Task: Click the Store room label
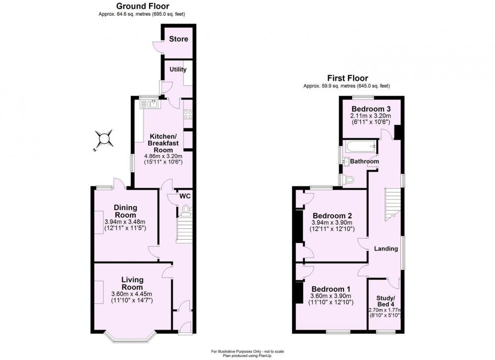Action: (x=178, y=39)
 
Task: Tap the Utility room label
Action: (x=178, y=69)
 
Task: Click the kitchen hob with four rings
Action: (x=188, y=114)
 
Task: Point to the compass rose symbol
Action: (x=104, y=139)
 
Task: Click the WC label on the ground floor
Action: (x=185, y=196)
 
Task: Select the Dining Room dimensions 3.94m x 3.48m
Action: (x=125, y=221)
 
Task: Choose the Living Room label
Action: (x=133, y=283)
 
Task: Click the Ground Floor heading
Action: (x=143, y=6)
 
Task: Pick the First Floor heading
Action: (x=347, y=78)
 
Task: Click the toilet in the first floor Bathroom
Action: (x=348, y=180)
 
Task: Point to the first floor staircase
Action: (x=393, y=202)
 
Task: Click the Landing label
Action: (x=386, y=249)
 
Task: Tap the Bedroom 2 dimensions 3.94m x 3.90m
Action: (x=332, y=223)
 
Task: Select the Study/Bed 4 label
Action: (x=386, y=301)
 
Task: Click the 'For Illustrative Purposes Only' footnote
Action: (x=247, y=352)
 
